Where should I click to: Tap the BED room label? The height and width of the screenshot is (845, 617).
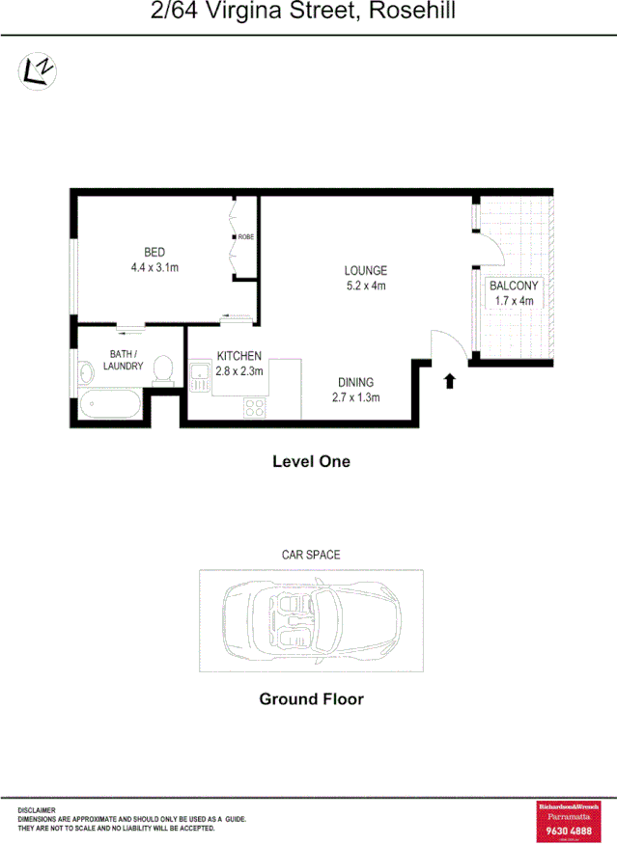[x=154, y=253]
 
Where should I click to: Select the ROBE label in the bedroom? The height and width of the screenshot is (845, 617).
[x=245, y=236]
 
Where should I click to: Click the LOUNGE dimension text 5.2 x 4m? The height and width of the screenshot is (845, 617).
[x=366, y=286]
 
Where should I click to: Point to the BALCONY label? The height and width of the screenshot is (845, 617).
[x=514, y=286]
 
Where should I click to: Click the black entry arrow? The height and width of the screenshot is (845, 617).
[x=449, y=381]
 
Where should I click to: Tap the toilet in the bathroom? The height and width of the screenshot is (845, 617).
[x=163, y=368]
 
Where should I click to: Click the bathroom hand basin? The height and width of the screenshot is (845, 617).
[x=84, y=368]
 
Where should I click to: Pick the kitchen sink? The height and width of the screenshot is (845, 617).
[x=201, y=376]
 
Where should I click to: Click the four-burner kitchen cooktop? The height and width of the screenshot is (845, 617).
[x=254, y=408]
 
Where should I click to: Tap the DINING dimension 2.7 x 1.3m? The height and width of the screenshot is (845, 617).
[x=355, y=397]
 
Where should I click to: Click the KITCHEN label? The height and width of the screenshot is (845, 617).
[x=238, y=356]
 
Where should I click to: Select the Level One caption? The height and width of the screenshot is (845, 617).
[x=311, y=462]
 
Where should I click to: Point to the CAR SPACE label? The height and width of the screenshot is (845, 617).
[x=311, y=555]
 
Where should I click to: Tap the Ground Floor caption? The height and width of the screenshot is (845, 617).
[x=311, y=699]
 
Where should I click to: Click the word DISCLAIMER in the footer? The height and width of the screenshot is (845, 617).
[x=37, y=810]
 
